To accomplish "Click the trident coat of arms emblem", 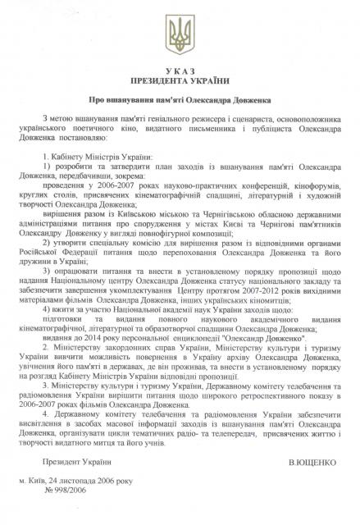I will [179, 35].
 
